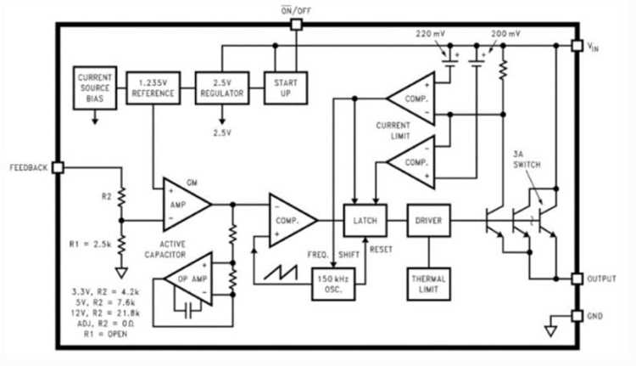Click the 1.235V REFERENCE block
(153, 88)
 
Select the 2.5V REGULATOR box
(222, 88)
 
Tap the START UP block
(286, 88)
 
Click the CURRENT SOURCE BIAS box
(95, 88)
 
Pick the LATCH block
(365, 221)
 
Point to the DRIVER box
(429, 221)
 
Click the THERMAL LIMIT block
(429, 284)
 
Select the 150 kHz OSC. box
(333, 284)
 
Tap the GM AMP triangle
(187, 205)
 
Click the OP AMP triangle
(188, 279)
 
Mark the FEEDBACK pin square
(58, 167)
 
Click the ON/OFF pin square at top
(297, 25)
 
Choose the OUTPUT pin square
(577, 279)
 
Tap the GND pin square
(577, 316)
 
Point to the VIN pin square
(577, 46)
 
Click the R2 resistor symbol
(121, 197)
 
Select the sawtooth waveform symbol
(281, 272)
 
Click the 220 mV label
(430, 34)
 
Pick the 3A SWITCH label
(527, 160)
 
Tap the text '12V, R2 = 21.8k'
(105, 313)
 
